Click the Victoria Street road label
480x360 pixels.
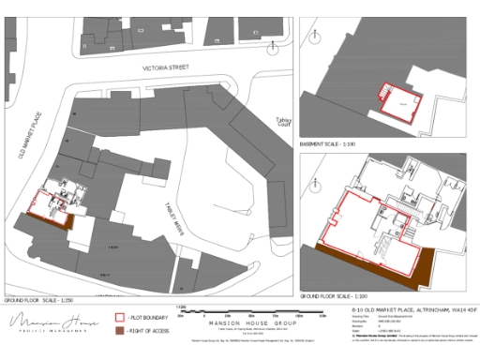167,68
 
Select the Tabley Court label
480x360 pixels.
283,121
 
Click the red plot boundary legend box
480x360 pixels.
119,319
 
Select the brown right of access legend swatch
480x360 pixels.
119,332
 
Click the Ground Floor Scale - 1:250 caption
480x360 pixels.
36,299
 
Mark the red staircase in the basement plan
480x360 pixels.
383,93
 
